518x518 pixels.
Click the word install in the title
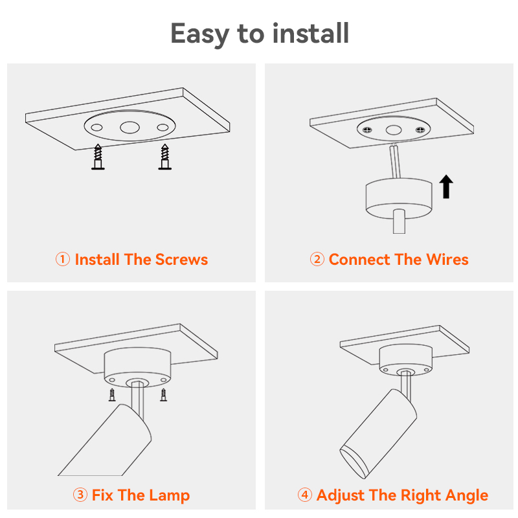[311, 34]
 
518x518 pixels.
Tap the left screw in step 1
[98, 157]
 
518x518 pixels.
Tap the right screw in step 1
[164, 157]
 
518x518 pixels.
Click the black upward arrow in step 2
[445, 186]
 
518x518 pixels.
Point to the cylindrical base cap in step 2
[398, 197]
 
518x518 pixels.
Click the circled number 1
[62, 260]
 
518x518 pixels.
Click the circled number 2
[317, 260]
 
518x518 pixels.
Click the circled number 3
[80, 496]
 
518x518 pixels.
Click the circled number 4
[304, 496]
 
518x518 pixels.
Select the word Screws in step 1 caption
[182, 260]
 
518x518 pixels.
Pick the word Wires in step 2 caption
[447, 260]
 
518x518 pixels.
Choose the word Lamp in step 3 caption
[169, 496]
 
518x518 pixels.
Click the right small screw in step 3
[163, 394]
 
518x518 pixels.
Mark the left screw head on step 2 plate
[368, 129]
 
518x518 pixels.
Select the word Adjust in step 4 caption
[341, 496]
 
